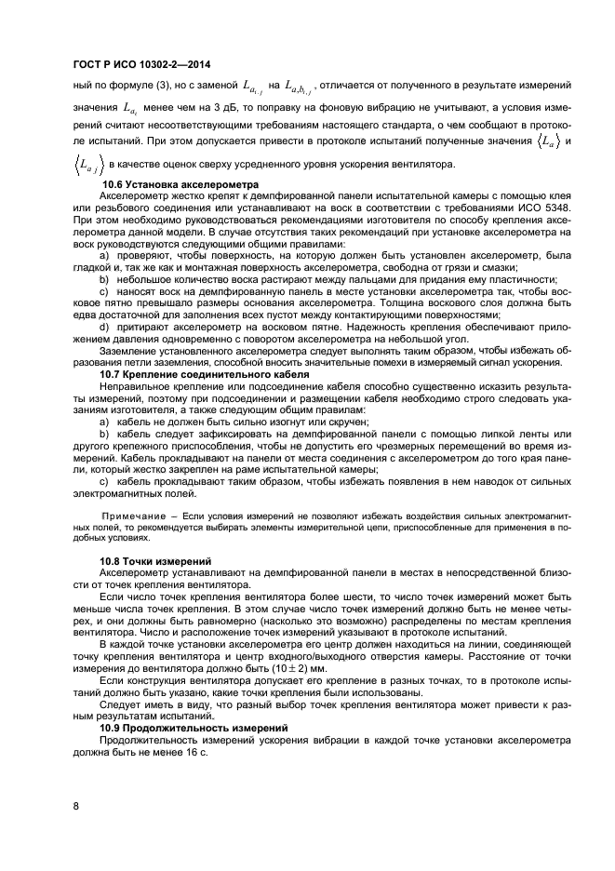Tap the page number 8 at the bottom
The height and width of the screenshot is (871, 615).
[75, 807]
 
